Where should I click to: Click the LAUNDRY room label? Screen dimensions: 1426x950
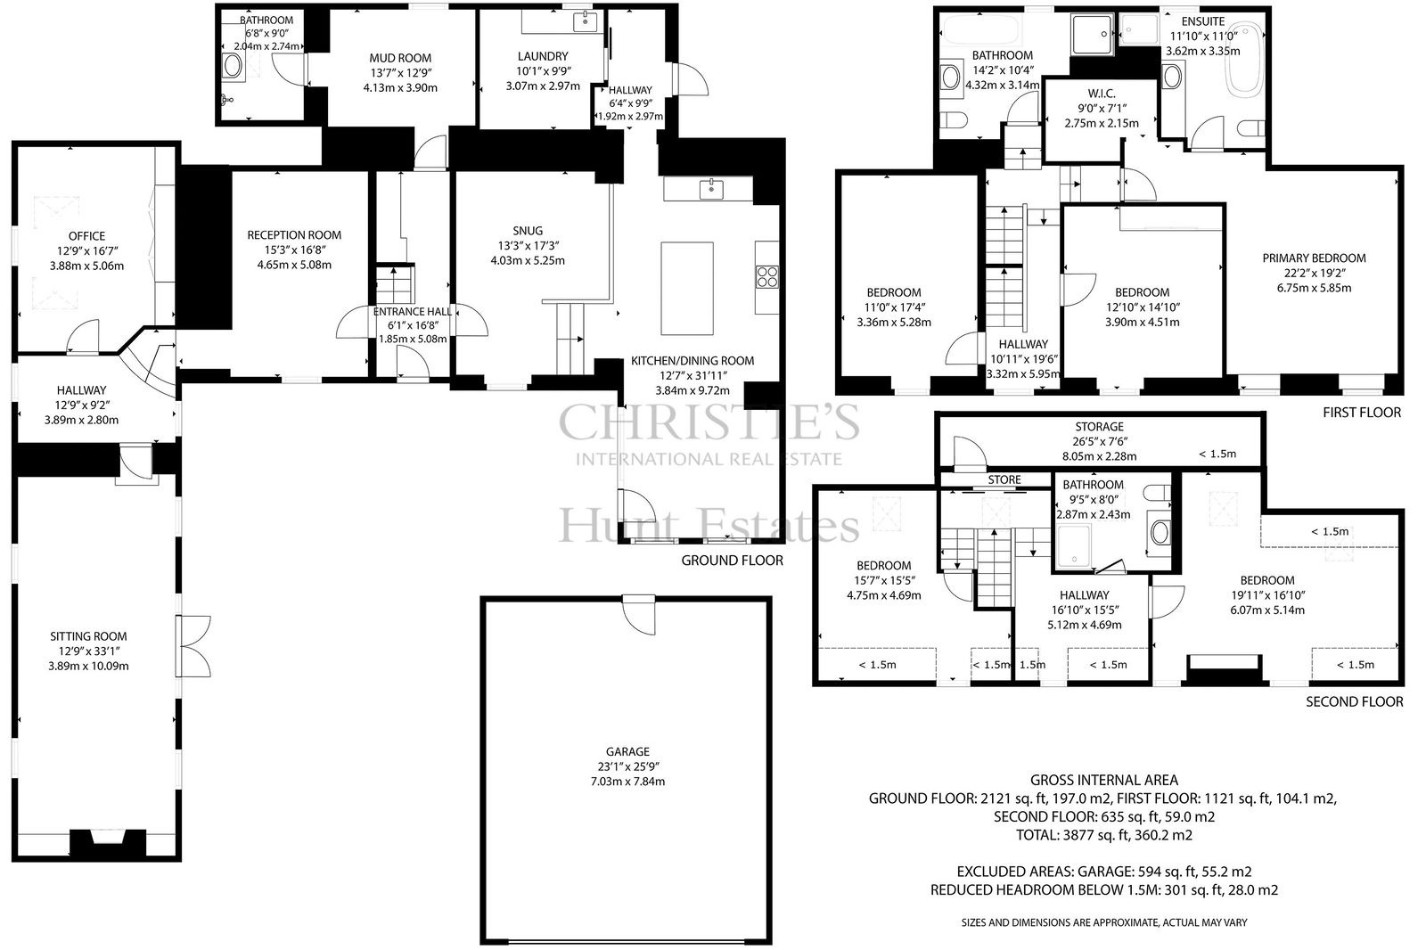click(x=543, y=56)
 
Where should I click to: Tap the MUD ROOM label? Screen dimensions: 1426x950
click(x=400, y=58)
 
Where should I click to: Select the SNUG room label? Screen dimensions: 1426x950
click(x=528, y=231)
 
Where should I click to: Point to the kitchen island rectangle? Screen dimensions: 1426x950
click(x=687, y=288)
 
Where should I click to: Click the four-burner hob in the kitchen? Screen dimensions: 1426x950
click(x=767, y=278)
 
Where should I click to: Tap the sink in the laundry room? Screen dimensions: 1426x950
click(x=586, y=21)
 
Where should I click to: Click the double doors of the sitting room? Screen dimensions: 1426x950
click(x=193, y=645)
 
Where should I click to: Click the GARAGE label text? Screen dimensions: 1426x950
click(x=627, y=751)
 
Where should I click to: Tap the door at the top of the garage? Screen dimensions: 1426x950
click(x=639, y=614)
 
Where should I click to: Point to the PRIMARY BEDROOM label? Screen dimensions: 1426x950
click(x=1314, y=258)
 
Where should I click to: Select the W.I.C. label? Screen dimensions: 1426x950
click(x=1102, y=94)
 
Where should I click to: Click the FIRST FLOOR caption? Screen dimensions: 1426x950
click(x=1362, y=413)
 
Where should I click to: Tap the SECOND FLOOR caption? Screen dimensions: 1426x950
click(x=1354, y=701)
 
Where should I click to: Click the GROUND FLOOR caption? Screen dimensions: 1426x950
click(x=732, y=561)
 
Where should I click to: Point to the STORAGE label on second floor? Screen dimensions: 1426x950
click(x=1100, y=427)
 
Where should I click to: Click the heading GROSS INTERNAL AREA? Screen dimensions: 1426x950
click(x=1104, y=780)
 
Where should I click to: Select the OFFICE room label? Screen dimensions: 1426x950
click(x=87, y=236)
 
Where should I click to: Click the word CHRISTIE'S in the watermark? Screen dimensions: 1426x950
click(x=709, y=422)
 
